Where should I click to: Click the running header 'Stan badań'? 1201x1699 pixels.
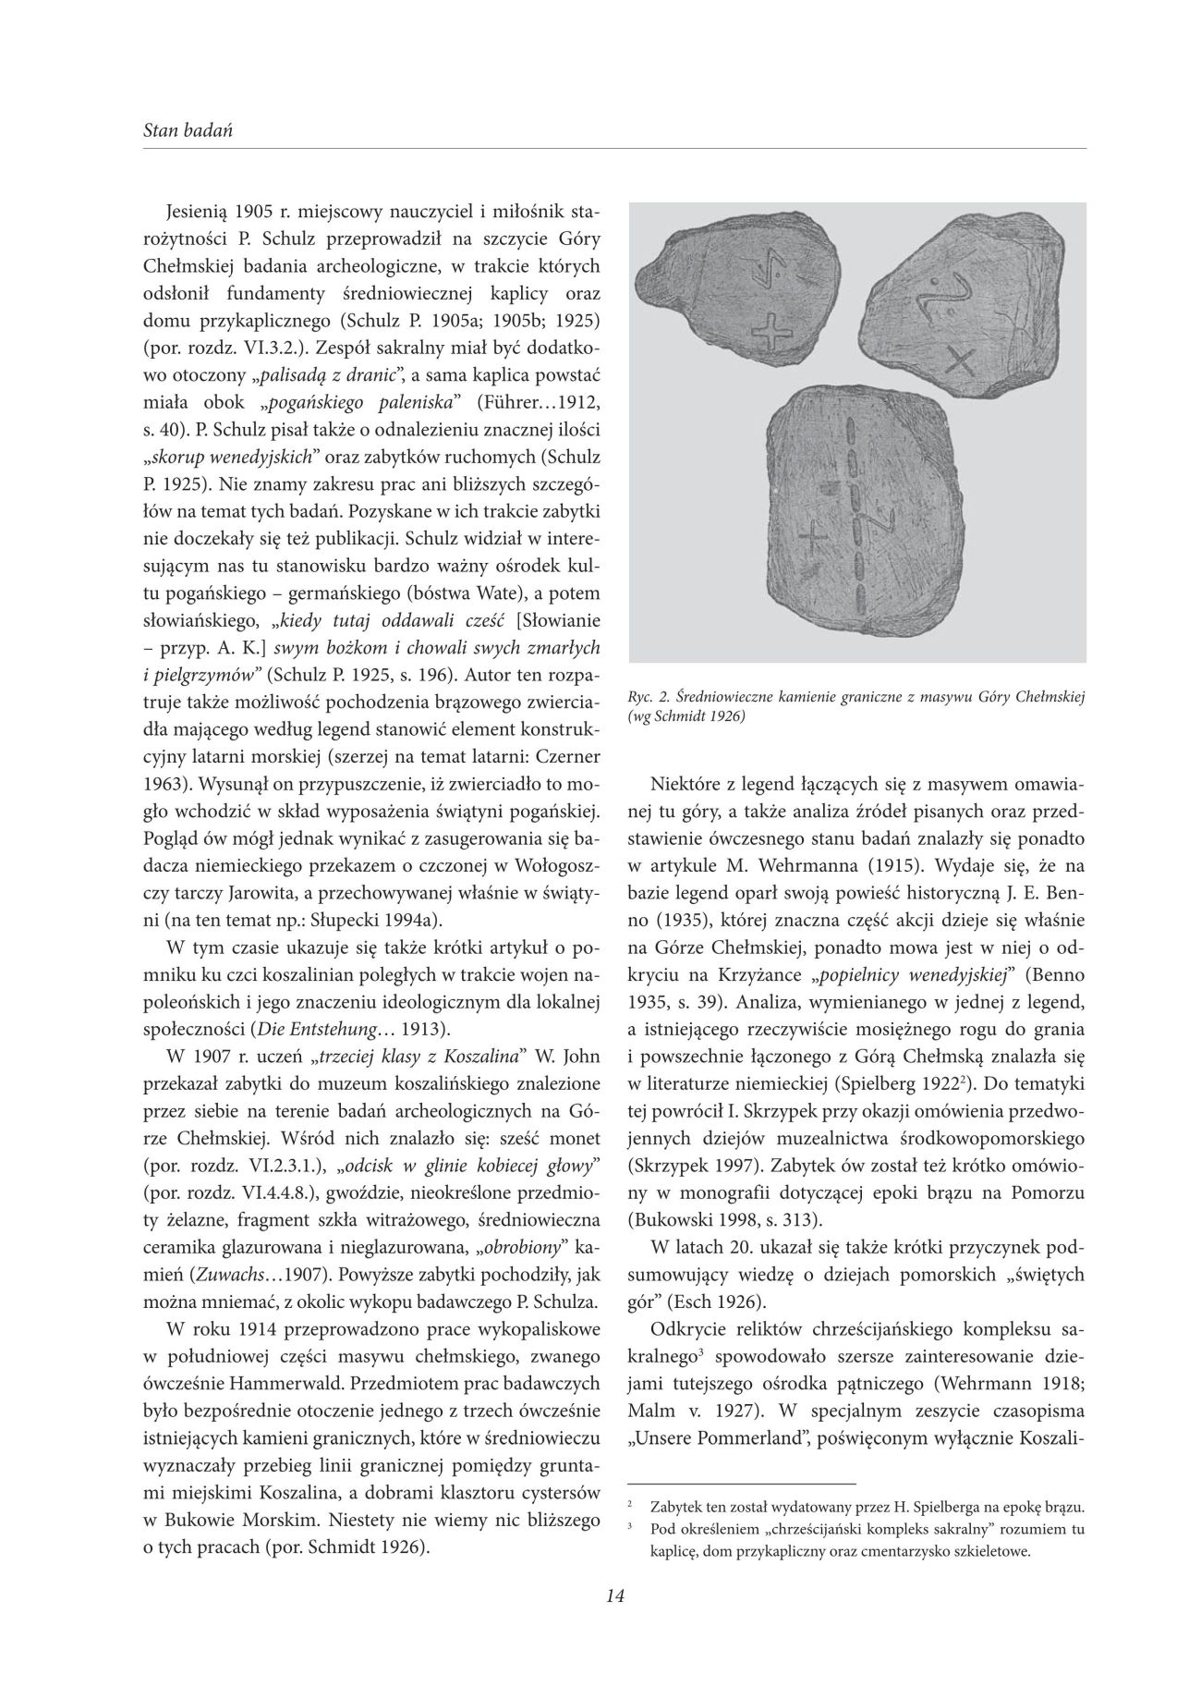(188, 130)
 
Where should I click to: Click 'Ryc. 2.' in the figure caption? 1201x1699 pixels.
(649, 697)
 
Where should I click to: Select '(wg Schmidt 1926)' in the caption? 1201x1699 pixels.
(686, 715)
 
